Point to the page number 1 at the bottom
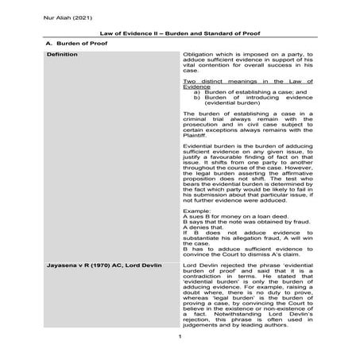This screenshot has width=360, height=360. coord(180,337)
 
